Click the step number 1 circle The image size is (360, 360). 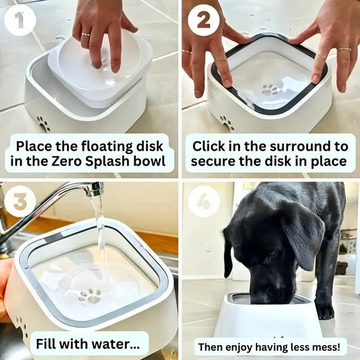pos(20,20)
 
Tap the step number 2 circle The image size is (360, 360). pos(203,20)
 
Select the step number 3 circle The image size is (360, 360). pos(20,202)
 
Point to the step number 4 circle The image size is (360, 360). pos(203,202)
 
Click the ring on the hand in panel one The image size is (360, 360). pos(86,34)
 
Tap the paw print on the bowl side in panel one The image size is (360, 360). pos(43,124)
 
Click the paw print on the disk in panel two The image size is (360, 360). pos(271,89)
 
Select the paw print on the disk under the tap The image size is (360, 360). pos(89,295)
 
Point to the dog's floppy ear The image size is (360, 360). pos(302,236)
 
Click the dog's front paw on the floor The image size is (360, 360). pos(325,311)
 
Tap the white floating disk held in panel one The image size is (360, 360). pos(101,68)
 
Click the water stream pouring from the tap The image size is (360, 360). pos(99,243)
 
